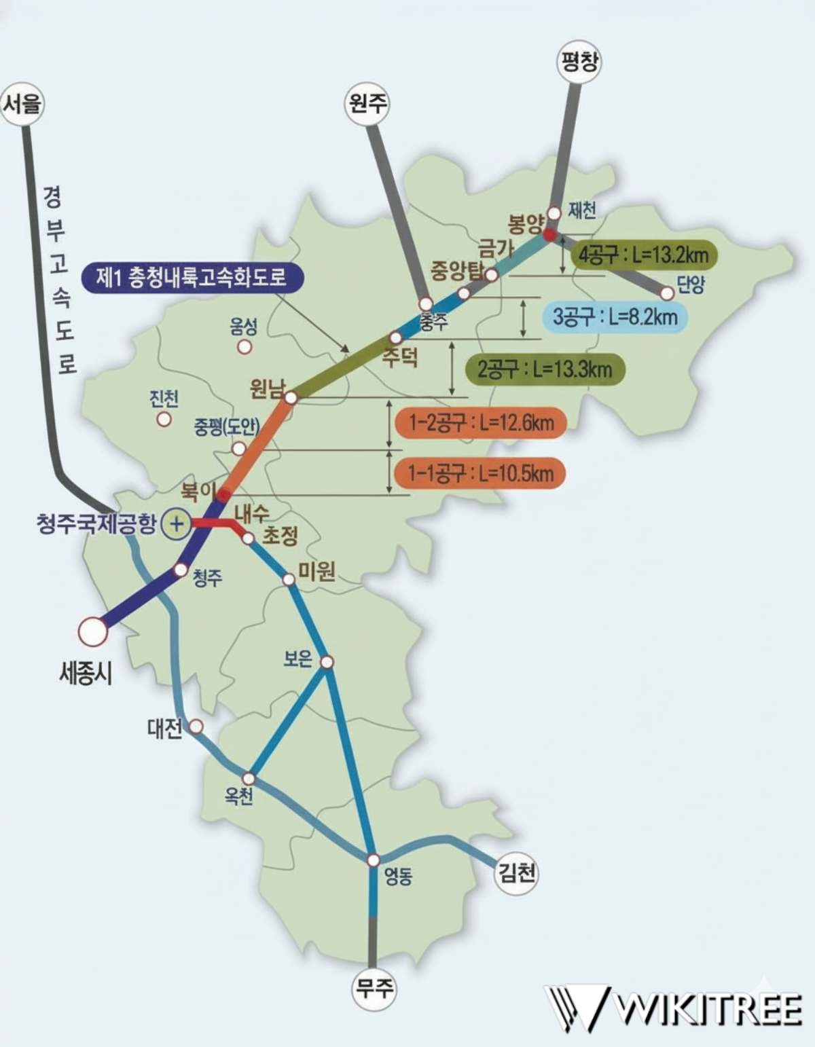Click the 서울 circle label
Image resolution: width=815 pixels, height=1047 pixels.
pyautogui.click(x=23, y=104)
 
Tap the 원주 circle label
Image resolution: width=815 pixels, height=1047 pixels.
pyautogui.click(x=367, y=103)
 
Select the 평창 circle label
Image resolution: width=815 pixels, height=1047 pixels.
pyautogui.click(x=579, y=63)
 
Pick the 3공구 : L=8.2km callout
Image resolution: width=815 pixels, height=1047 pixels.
pyautogui.click(x=615, y=316)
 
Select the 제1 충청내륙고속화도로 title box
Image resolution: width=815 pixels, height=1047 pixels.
pyautogui.click(x=192, y=277)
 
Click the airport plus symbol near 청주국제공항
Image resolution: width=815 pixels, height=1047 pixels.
pyautogui.click(x=177, y=523)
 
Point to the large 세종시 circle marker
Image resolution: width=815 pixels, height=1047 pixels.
pyautogui.click(x=92, y=631)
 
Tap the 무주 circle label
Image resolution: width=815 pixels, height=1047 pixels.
pyautogui.click(x=374, y=987)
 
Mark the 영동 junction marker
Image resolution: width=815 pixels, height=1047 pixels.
pyautogui.click(x=373, y=860)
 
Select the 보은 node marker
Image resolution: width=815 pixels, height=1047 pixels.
pyautogui.click(x=327, y=662)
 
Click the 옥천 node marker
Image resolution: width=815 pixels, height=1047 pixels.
pyautogui.click(x=249, y=778)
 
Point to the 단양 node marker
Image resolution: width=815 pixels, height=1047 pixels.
pyautogui.click(x=667, y=293)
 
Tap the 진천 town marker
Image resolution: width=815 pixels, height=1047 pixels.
pyautogui.click(x=164, y=419)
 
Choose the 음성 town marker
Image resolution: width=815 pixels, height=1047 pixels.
pyautogui.click(x=244, y=347)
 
